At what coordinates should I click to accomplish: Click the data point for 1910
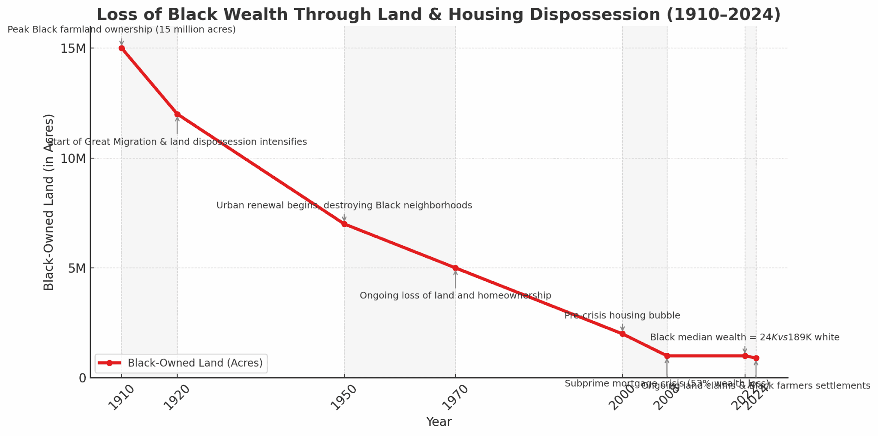click(x=122, y=48)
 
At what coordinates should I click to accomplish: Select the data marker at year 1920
click(x=177, y=114)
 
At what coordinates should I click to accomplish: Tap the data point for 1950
click(x=344, y=224)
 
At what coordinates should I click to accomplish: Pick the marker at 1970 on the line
click(x=455, y=268)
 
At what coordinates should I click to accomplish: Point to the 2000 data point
click(x=622, y=334)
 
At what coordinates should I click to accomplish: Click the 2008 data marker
click(x=667, y=356)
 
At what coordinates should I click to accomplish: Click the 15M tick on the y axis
click(x=73, y=48)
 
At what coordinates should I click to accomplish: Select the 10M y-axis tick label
click(x=73, y=158)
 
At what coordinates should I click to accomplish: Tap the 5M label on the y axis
click(x=76, y=268)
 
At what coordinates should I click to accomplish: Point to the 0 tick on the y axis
click(x=82, y=378)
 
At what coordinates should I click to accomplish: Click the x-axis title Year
click(x=439, y=422)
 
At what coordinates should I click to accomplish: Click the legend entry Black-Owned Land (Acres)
click(x=195, y=363)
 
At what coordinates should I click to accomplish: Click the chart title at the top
click(x=439, y=15)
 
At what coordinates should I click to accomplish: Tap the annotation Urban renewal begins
click(x=344, y=205)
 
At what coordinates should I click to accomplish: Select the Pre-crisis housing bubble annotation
click(x=622, y=316)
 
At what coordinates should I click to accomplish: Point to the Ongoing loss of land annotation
click(x=455, y=295)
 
